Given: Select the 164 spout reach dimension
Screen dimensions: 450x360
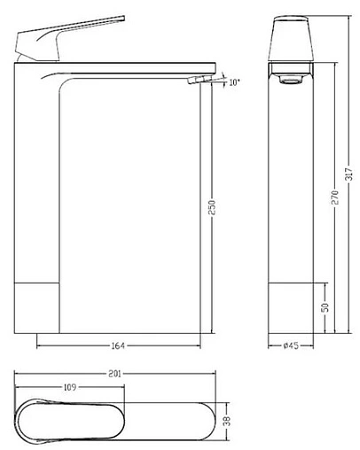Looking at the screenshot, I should point(118,344).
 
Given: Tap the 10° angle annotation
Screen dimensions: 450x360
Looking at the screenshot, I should point(233,82).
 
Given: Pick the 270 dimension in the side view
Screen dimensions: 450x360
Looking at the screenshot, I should point(334,201).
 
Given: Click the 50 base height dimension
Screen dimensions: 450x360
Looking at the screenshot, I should point(325,307).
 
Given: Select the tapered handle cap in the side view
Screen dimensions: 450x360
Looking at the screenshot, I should point(290,40).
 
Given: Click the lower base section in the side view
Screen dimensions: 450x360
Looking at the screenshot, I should point(290,307).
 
